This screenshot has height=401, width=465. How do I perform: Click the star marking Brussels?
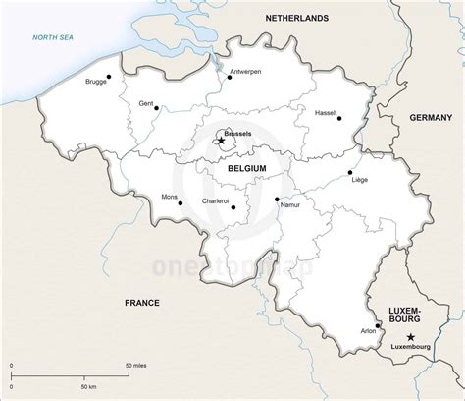click(221, 141)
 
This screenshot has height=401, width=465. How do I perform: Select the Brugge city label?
click(97, 84)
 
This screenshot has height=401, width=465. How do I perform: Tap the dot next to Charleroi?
click(232, 206)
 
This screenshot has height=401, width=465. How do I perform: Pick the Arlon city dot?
click(379, 326)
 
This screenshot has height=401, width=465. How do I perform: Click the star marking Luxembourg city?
click(410, 337)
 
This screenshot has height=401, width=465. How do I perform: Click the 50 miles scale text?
click(135, 365)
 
